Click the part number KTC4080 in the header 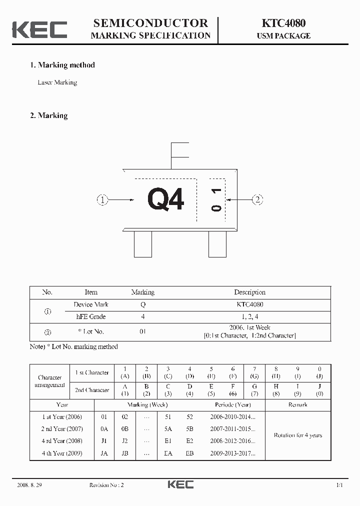tap(283, 23)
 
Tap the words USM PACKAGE tap(283, 36)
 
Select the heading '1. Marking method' tap(62, 65)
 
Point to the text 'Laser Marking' tap(57, 82)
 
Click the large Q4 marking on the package tap(166, 199)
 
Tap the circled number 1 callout tap(102, 200)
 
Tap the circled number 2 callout tap(257, 200)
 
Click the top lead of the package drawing tap(179, 155)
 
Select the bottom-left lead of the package tap(143, 244)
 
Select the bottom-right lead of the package tap(217, 244)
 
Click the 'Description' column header tap(249, 292)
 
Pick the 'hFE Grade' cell tap(90, 316)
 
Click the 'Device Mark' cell tap(90, 304)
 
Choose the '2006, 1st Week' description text tap(249, 327)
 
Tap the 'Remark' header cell tap(297, 404)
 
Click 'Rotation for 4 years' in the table tap(297, 435)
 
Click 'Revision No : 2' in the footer tap(106, 485)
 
